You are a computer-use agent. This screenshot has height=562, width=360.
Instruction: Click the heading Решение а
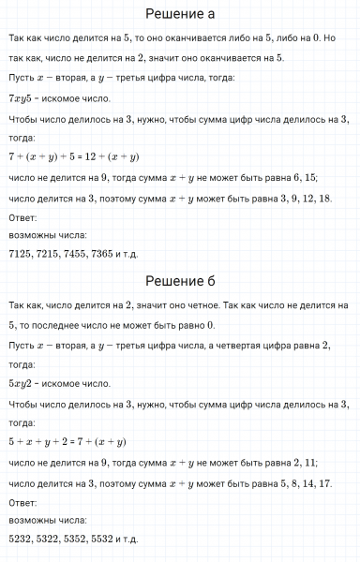point(180,14)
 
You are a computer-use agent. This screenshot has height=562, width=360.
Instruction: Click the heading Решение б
point(180,281)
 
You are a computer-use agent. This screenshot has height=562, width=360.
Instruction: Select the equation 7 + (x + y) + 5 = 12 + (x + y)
point(73,156)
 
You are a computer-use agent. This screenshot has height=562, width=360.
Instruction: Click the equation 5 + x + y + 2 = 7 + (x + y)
point(67,442)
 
